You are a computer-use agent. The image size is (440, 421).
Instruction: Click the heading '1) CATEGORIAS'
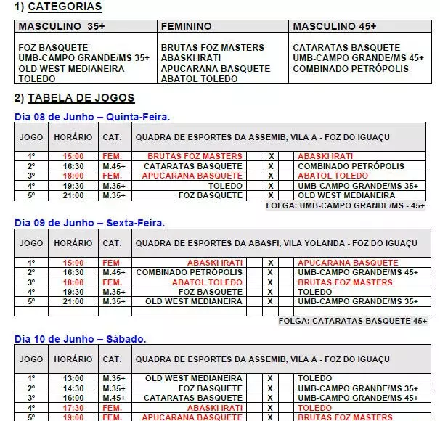58,7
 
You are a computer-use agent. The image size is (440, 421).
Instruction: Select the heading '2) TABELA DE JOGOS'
74,98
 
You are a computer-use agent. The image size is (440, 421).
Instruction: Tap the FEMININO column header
187,26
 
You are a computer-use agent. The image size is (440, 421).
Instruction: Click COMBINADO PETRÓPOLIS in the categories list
350,69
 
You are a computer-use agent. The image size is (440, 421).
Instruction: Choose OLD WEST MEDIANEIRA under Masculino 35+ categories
71,69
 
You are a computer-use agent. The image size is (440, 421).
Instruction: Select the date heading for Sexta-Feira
89,222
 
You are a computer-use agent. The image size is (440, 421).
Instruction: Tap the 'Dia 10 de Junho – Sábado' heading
81,338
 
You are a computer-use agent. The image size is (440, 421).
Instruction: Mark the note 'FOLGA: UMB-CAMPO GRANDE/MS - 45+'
346,205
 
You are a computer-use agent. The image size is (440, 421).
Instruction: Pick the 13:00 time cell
73,378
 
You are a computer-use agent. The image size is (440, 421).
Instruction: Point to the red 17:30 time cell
73,408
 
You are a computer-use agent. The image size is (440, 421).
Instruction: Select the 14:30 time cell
73,388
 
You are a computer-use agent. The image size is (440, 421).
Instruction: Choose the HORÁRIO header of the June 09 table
73,243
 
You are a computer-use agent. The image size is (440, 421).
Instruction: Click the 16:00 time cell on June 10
73,398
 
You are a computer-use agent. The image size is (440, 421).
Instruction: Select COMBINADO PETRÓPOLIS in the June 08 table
351,166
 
